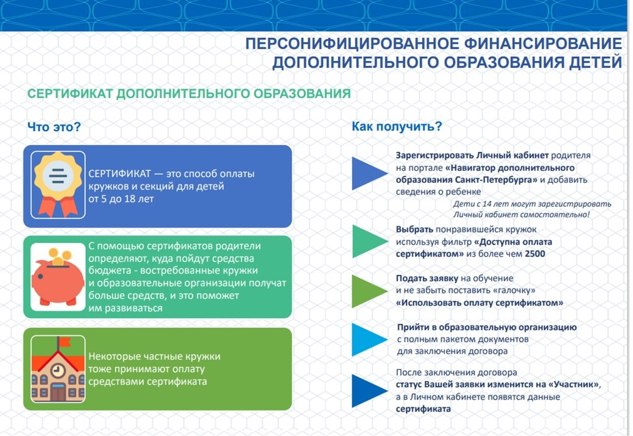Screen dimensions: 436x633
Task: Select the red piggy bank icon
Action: (57, 281)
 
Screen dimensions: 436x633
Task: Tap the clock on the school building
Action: (58, 369)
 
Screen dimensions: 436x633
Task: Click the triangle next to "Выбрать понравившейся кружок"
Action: (368, 241)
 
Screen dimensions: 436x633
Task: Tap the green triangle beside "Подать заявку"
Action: (368, 290)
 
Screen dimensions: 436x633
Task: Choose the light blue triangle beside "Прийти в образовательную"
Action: (368, 339)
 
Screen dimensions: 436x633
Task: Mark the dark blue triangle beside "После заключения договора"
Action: (368, 391)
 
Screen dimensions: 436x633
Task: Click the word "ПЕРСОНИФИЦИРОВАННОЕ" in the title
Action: (345, 44)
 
